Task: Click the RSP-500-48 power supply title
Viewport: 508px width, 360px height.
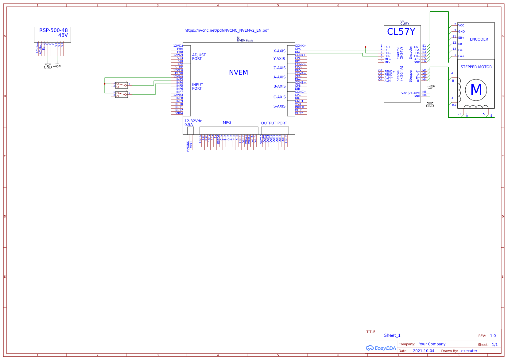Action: point(53,30)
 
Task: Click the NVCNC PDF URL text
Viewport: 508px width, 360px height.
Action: point(226,30)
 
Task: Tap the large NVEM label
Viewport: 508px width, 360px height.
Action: point(238,72)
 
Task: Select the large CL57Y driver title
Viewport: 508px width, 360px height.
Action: point(401,32)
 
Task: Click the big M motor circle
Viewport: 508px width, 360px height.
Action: point(476,90)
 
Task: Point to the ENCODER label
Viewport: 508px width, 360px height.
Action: point(479,39)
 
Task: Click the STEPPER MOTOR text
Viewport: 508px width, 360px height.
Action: point(476,67)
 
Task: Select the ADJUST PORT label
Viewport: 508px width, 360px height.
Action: point(199,57)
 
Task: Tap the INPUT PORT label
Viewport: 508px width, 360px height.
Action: point(197,87)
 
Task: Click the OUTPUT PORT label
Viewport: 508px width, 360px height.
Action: point(274,123)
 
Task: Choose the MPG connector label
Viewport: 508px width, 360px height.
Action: point(227,123)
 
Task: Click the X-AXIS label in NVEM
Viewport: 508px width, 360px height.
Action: point(279,51)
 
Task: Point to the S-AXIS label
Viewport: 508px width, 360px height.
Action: point(279,106)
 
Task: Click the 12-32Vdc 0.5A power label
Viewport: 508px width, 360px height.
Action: point(193,123)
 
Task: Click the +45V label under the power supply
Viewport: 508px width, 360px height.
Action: point(57,66)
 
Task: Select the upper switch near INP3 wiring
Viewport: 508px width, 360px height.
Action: point(122,85)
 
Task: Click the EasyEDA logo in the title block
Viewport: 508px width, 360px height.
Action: point(381,348)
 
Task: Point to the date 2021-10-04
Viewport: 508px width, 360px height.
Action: point(423,351)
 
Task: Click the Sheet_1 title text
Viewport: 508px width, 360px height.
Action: point(392,335)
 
